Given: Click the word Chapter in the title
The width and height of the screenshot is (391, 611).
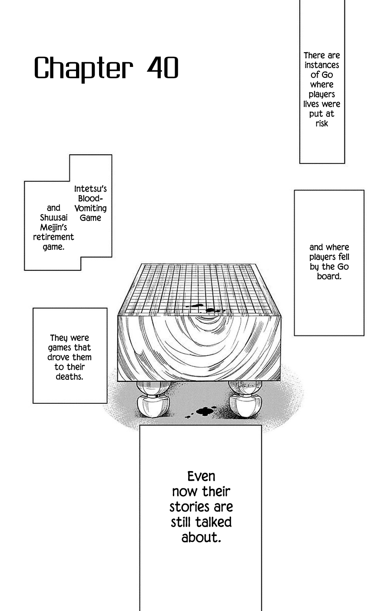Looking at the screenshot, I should pyautogui.click(x=83, y=69).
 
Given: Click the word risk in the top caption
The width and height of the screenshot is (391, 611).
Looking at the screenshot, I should pyautogui.click(x=321, y=123).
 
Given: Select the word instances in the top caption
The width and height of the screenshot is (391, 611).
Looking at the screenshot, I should pyautogui.click(x=321, y=65).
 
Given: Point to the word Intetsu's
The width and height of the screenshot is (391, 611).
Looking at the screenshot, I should pyautogui.click(x=90, y=189).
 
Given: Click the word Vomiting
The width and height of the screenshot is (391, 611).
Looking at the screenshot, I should pyautogui.click(x=90, y=208).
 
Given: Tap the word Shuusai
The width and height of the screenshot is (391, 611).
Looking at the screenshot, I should pyautogui.click(x=53, y=218).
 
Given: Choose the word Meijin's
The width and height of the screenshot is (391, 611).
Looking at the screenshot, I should pyautogui.click(x=53, y=227).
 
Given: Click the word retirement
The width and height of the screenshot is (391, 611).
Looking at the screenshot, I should pyautogui.click(x=53, y=237).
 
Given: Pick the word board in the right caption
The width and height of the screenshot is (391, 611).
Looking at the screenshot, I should pyautogui.click(x=328, y=276).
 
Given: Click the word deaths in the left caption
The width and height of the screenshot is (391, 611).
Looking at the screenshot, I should pyautogui.click(x=70, y=377).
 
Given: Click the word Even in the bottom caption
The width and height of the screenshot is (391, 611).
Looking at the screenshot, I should pyautogui.click(x=201, y=476).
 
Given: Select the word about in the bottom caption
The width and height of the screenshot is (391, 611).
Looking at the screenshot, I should pyautogui.click(x=201, y=538).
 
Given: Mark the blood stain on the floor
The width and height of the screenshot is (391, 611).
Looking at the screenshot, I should pyautogui.click(x=204, y=411).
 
